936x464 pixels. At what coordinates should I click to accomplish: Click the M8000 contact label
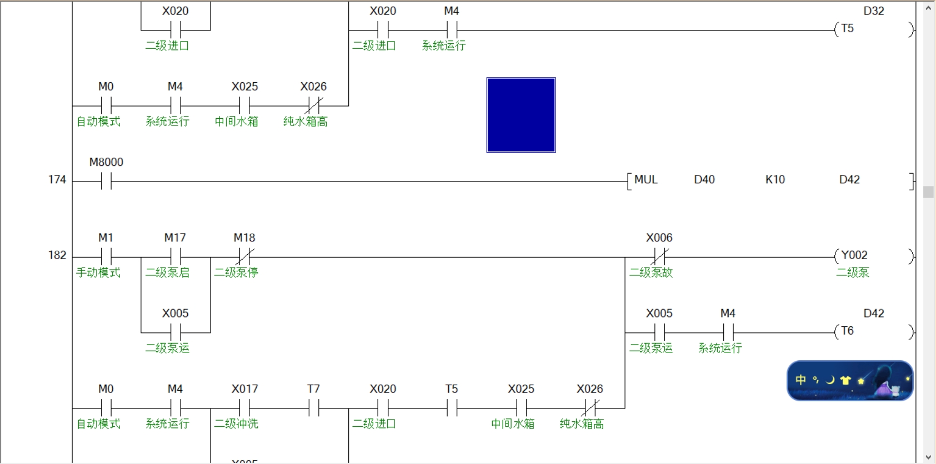106,162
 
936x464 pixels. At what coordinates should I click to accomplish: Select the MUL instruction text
645,180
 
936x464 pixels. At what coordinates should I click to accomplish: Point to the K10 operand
775,180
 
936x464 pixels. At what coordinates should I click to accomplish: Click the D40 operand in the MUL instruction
704,180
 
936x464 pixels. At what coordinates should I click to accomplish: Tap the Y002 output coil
854,255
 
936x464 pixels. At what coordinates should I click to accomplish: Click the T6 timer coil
847,331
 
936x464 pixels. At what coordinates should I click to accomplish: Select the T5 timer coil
847,29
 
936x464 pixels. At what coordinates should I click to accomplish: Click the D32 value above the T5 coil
873,11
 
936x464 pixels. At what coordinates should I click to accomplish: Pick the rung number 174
57,180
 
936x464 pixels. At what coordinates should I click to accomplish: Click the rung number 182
57,255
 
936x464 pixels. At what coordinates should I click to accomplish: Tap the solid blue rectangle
521,115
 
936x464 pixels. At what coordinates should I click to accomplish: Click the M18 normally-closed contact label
244,238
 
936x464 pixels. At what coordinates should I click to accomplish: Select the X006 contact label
659,238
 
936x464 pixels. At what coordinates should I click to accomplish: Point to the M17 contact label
174,238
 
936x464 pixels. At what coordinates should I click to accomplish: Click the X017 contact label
244,389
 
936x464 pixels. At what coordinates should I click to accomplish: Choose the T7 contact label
313,389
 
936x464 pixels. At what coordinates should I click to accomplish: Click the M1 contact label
106,238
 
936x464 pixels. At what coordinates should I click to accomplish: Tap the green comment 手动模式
98,273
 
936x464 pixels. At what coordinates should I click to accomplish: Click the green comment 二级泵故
651,273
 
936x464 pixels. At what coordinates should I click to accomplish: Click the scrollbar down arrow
928,457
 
